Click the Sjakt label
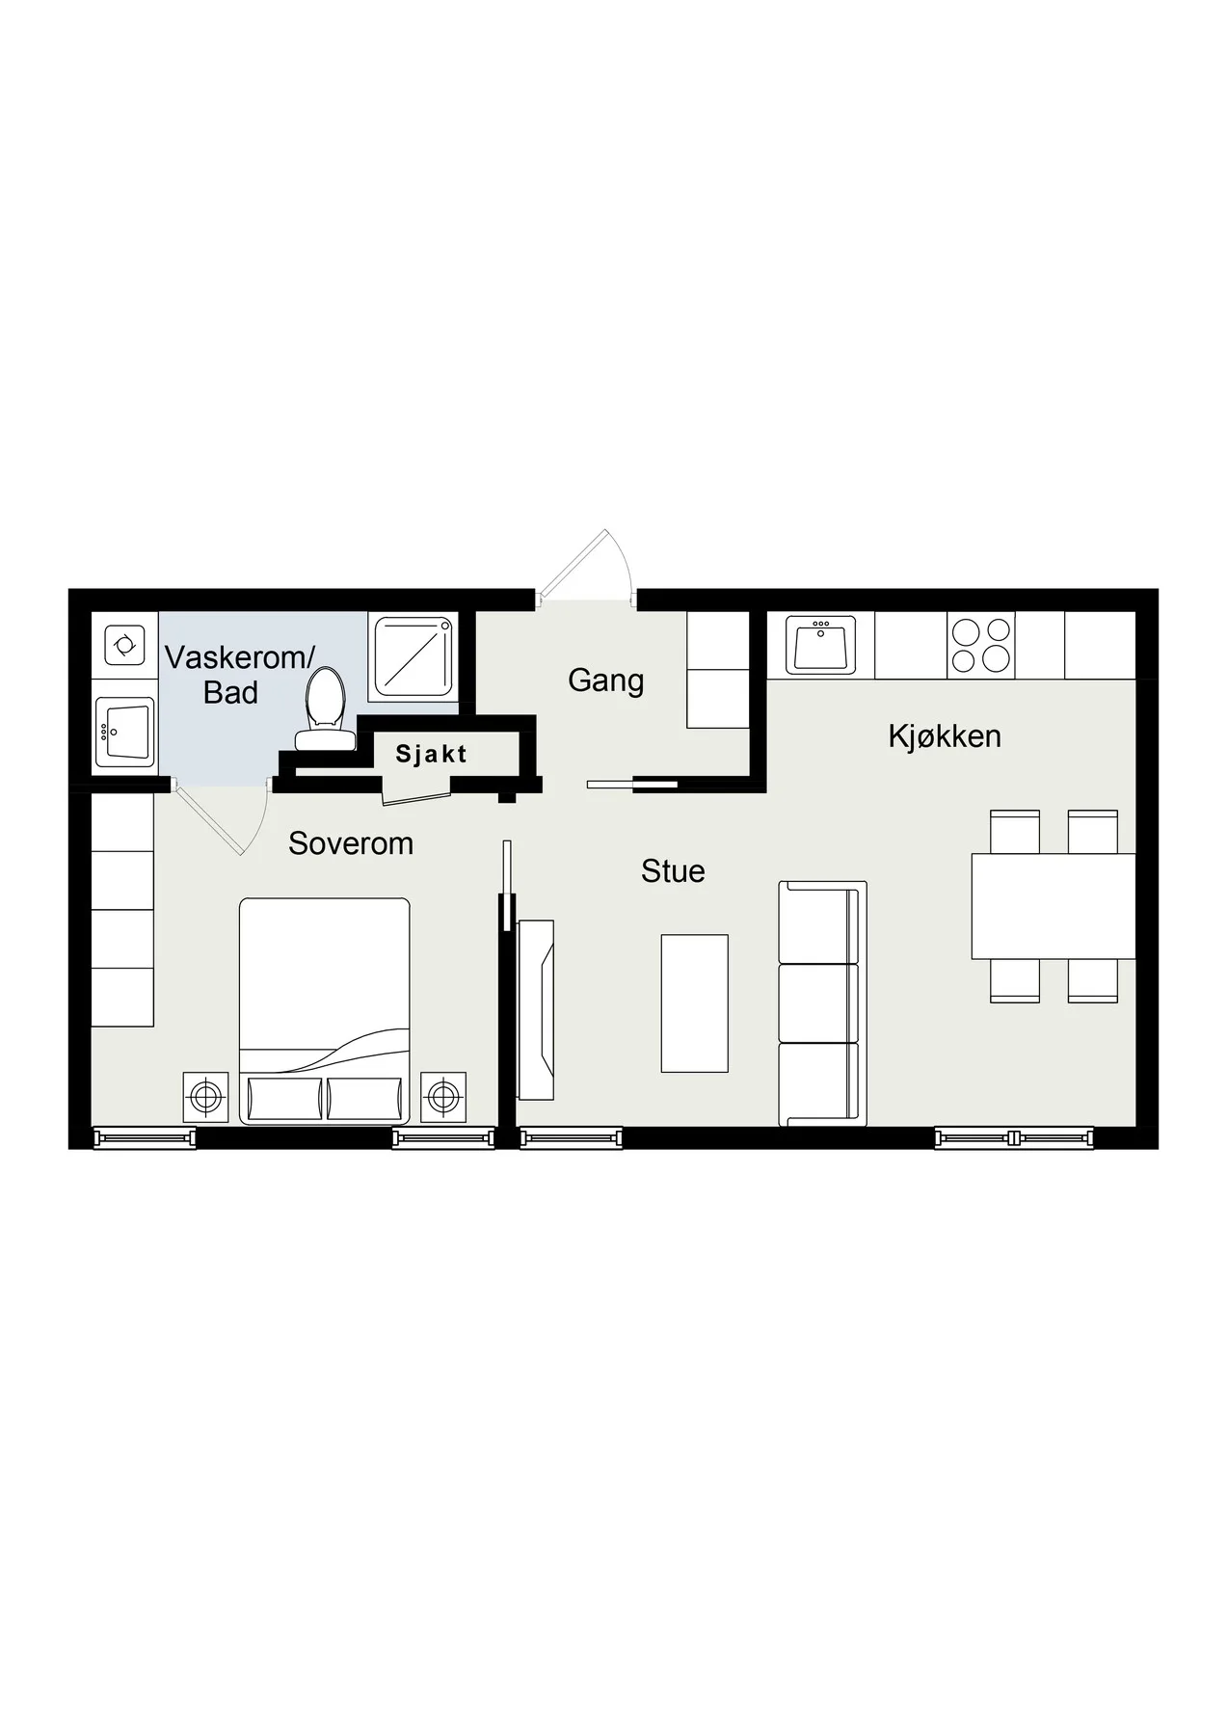431,754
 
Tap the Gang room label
605,681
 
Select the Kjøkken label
945,736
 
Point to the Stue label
673,871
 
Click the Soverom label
351,843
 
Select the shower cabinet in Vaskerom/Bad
412,656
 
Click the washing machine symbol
124,645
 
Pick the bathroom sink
124,733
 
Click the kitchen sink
821,646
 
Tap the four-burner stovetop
981,646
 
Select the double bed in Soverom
325,1011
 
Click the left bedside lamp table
205,1097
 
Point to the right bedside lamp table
443,1097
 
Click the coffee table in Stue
694,1003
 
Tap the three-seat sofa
822,1003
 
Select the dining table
1054,906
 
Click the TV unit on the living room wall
536,1010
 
